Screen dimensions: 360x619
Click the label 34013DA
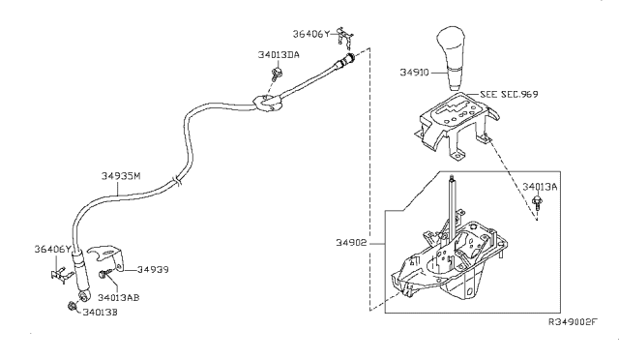[279, 55]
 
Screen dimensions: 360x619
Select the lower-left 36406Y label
[53, 250]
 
